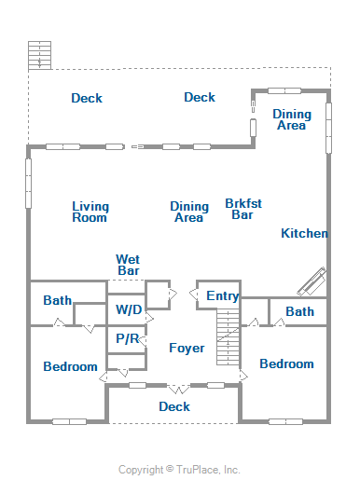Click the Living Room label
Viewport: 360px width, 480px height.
pyautogui.click(x=90, y=212)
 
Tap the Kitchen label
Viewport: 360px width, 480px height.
pyautogui.click(x=304, y=233)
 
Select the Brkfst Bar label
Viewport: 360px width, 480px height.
pyautogui.click(x=243, y=209)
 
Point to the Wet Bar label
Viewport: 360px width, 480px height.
pyautogui.click(x=128, y=265)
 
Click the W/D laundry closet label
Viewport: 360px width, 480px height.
pyautogui.click(x=129, y=309)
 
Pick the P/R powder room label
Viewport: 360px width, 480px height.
pyautogui.click(x=128, y=338)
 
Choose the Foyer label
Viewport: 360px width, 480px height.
pyautogui.click(x=187, y=348)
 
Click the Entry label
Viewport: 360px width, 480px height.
pyautogui.click(x=223, y=296)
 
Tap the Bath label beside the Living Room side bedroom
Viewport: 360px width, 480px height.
pyautogui.click(x=58, y=300)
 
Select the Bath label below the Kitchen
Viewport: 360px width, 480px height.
pyautogui.click(x=299, y=311)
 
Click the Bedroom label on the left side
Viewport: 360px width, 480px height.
pyautogui.click(x=70, y=366)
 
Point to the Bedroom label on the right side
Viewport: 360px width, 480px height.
pyautogui.click(x=286, y=363)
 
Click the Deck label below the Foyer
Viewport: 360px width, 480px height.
pyautogui.click(x=174, y=406)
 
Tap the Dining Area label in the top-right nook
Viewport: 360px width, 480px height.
pyautogui.click(x=292, y=119)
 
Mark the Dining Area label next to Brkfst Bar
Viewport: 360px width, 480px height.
pyautogui.click(x=189, y=212)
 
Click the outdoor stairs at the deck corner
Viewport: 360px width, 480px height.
pyautogui.click(x=39, y=55)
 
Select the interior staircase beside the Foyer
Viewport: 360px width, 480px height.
pyautogui.click(x=228, y=336)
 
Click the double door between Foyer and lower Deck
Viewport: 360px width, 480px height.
pyautogui.click(x=179, y=389)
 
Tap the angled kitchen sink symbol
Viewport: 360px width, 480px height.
pyautogui.click(x=312, y=282)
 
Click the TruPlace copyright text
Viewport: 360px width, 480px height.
pyautogui.click(x=179, y=470)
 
